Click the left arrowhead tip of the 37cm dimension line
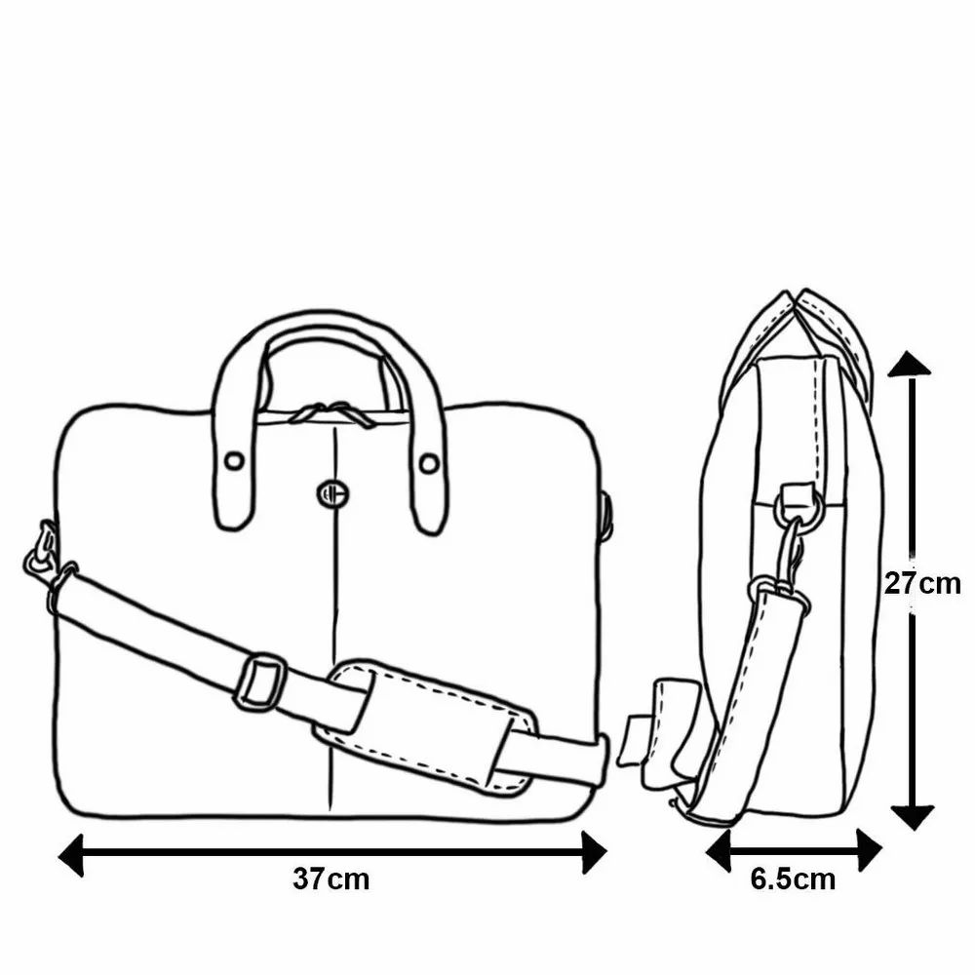click(58, 856)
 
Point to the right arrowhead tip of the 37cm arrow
click(606, 852)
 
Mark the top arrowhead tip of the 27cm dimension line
click(911, 351)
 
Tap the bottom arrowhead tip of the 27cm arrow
click(913, 830)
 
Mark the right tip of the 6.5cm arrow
click(882, 849)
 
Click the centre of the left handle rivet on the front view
click(234, 461)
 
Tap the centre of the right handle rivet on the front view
click(428, 463)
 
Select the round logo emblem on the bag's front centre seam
click(332, 493)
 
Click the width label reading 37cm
click(331, 879)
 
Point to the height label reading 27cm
click(922, 583)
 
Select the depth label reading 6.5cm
click(793, 879)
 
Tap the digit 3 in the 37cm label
click(301, 879)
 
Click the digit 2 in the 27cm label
click(892, 583)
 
